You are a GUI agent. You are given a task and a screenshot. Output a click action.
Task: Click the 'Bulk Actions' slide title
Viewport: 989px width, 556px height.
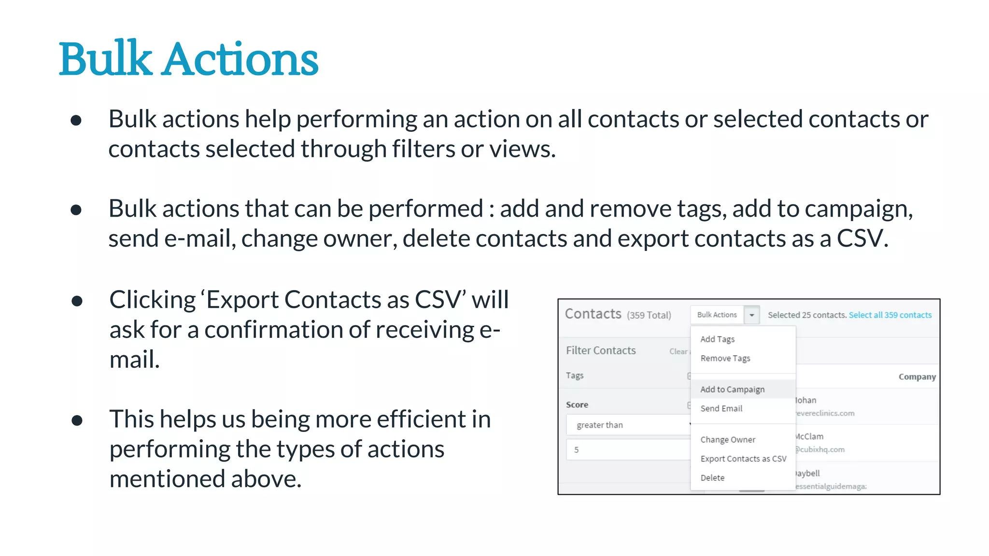coord(188,59)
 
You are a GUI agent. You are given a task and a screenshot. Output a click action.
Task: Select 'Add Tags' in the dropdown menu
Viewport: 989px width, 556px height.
coord(717,339)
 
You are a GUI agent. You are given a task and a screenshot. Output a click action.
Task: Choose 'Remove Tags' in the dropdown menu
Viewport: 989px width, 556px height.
coord(725,358)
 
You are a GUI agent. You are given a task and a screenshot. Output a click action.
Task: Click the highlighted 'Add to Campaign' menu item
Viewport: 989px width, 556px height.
coord(732,389)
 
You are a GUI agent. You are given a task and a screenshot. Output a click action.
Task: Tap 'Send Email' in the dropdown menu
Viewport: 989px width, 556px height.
coord(721,408)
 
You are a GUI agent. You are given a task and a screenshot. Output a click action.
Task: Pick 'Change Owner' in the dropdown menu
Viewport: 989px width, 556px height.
coord(728,440)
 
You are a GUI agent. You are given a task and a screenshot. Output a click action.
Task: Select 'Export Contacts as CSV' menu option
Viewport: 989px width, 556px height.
coord(743,459)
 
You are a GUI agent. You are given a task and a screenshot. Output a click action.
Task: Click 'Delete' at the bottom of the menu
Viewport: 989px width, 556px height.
coord(712,478)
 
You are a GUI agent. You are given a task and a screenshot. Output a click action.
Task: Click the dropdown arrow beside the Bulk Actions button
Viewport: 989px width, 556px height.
coord(751,315)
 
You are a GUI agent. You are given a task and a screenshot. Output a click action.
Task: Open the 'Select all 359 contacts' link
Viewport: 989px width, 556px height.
coord(890,315)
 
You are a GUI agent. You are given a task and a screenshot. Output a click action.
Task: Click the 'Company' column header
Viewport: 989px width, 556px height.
coord(917,377)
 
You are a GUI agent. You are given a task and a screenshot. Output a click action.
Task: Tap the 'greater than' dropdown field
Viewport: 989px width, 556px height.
coord(628,425)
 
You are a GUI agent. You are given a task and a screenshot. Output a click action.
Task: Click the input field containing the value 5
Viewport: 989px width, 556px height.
coord(628,450)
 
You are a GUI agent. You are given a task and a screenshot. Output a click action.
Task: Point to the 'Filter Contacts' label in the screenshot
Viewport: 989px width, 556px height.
coord(601,350)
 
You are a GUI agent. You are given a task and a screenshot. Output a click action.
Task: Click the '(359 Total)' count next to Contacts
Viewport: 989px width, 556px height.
coord(649,315)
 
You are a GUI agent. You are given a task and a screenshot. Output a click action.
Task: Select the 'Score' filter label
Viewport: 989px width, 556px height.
coord(577,405)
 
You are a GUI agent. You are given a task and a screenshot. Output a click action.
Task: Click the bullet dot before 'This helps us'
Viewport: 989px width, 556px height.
coord(77,420)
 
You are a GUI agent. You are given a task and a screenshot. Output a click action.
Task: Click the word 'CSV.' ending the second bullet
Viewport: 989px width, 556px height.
coord(862,238)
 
